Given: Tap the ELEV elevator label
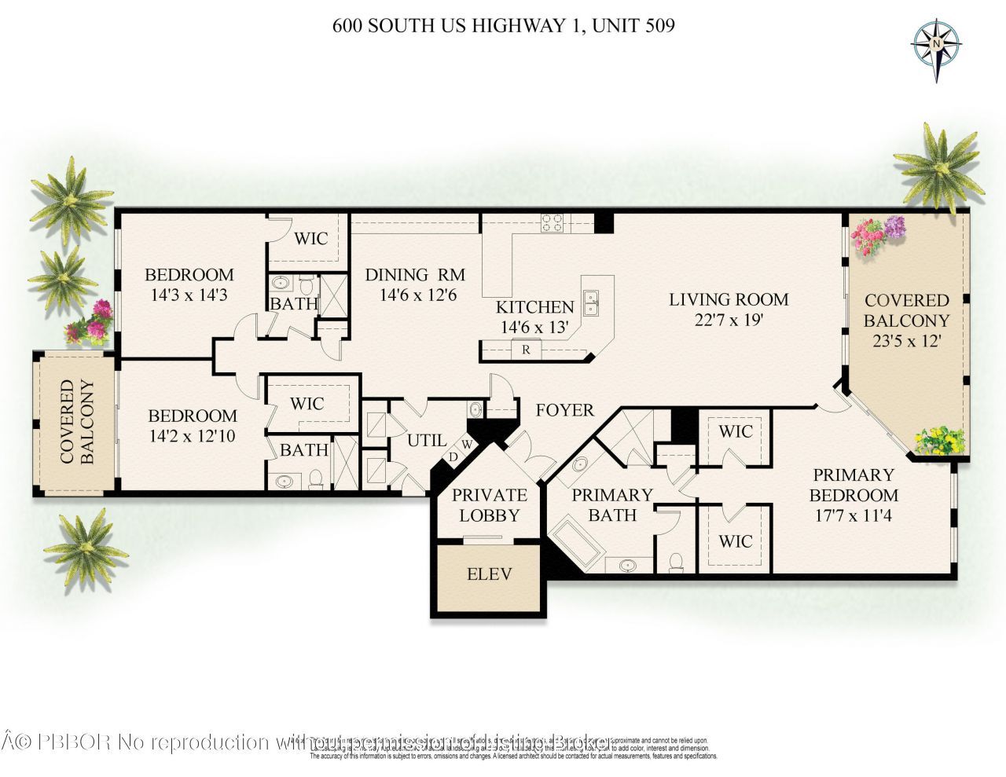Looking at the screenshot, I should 489,574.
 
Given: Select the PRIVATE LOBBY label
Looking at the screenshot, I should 489,505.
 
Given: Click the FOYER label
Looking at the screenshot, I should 564,410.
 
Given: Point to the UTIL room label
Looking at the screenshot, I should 427,441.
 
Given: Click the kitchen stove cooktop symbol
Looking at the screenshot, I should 553,223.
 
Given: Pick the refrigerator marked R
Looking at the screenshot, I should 526,350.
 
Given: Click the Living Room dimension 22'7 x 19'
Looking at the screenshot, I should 729,320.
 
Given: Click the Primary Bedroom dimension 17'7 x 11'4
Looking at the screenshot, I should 853,516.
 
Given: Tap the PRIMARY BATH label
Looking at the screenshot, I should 612,505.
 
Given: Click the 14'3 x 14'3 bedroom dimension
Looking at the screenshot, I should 189,295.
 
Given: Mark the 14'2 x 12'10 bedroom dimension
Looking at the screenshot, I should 193,436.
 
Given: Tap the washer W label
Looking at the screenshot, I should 466,445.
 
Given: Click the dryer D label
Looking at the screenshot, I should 453,456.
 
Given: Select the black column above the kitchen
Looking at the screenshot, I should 603,222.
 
